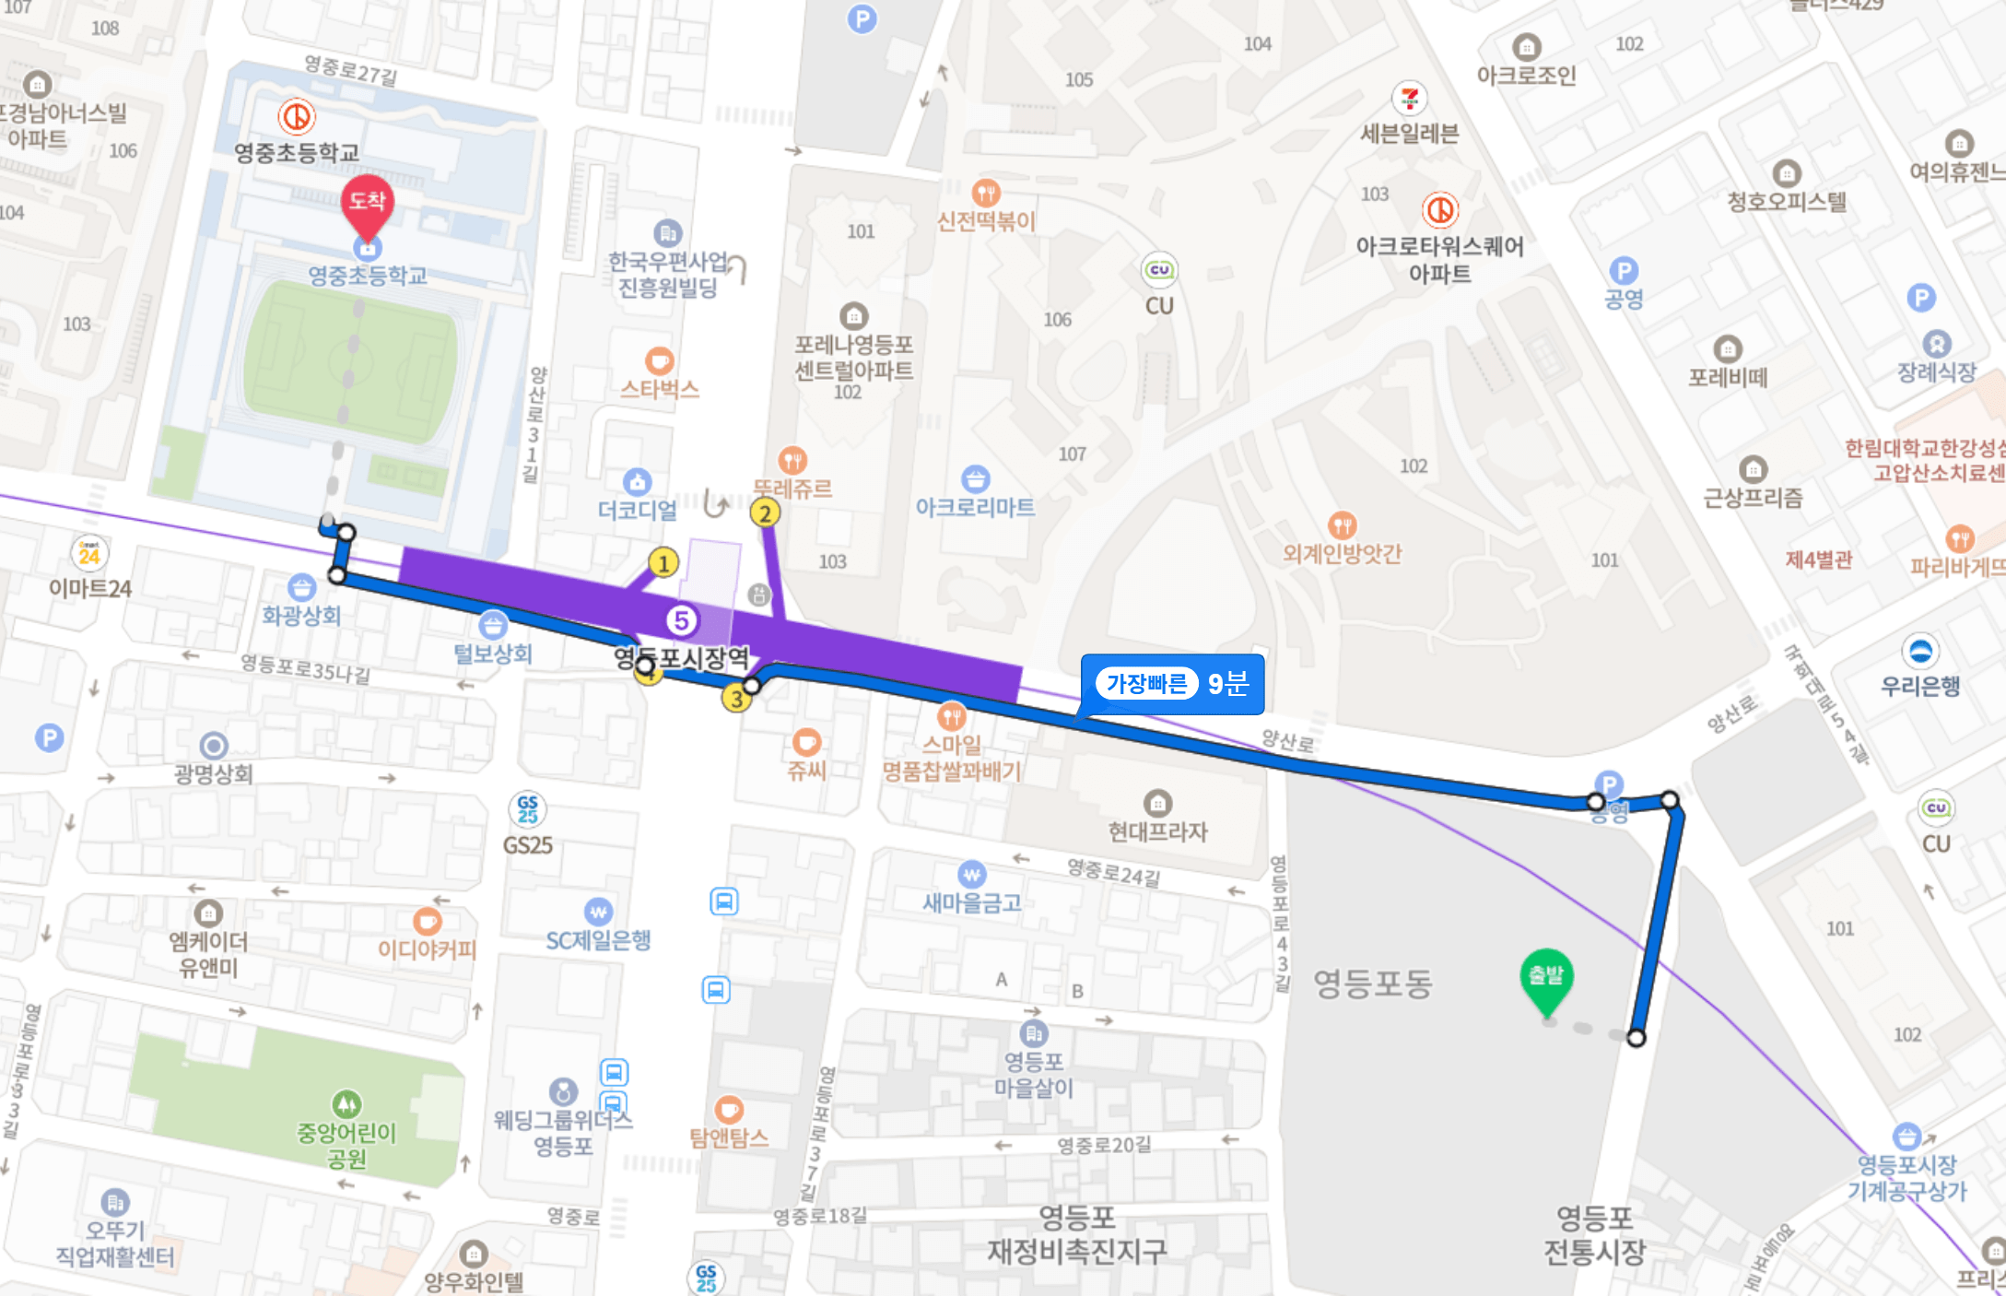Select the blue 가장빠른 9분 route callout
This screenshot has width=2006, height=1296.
pos(1172,684)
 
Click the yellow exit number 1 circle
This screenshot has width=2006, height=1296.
pos(663,561)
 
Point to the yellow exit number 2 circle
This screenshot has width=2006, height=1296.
pos(765,513)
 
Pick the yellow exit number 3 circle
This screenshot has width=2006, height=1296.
pos(736,699)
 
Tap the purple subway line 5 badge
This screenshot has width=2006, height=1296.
pos(682,620)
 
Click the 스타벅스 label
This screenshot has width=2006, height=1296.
pos(659,389)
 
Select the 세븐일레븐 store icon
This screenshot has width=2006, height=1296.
pos(1409,98)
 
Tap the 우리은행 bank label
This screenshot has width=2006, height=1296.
pos(1920,686)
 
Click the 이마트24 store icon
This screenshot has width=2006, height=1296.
pos(89,554)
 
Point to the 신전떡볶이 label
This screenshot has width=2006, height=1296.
pos(986,221)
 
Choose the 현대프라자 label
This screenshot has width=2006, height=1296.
pos(1157,831)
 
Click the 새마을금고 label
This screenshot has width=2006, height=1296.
pos(972,902)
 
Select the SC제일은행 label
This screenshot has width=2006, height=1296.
pos(598,940)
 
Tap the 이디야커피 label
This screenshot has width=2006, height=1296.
pos(427,948)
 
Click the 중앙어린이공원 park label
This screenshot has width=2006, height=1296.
pos(346,1145)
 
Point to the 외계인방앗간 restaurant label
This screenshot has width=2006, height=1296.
pos(1342,553)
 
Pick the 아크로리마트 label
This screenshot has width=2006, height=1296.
pos(975,507)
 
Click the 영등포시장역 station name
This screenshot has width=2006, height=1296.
pos(682,657)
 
